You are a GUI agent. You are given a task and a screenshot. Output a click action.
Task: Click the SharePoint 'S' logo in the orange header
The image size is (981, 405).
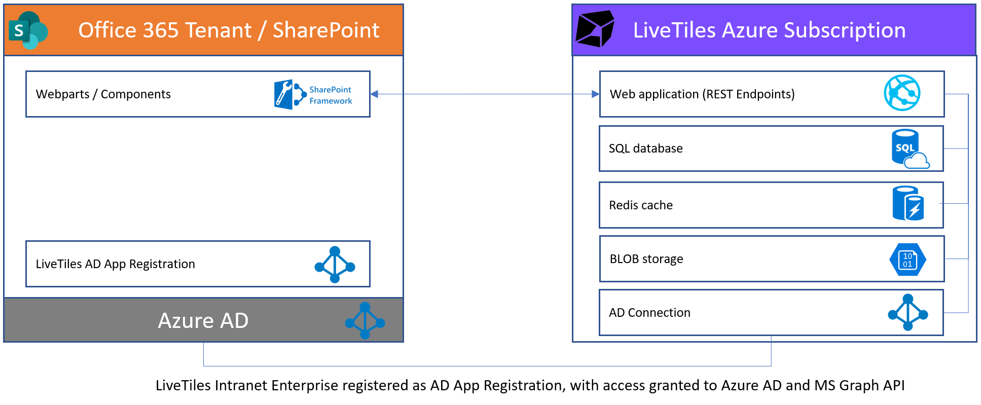click(28, 30)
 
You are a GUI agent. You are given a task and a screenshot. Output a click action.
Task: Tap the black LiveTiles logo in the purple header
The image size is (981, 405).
click(595, 29)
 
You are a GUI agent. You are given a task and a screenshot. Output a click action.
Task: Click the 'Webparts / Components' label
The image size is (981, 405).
click(103, 94)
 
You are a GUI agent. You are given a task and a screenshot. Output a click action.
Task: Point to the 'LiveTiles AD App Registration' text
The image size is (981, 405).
click(116, 264)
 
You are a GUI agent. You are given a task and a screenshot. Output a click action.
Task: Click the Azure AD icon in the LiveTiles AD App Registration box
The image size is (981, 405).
click(335, 265)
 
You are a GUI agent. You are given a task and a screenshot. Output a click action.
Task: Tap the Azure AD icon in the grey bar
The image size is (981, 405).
click(365, 320)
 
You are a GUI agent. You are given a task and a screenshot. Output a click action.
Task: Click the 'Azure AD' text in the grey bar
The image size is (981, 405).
click(203, 320)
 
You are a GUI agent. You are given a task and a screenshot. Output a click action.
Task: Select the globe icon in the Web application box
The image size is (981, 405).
click(902, 93)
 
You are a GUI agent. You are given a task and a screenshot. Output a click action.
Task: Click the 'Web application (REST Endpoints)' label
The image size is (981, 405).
click(702, 94)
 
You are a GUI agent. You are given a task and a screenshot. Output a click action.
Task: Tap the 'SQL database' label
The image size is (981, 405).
click(646, 149)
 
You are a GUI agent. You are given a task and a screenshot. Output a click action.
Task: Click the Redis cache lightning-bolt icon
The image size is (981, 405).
click(909, 203)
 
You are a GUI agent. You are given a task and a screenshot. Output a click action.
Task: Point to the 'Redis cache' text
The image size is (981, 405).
click(641, 205)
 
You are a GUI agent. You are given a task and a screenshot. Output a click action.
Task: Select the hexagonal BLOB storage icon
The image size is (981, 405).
click(907, 260)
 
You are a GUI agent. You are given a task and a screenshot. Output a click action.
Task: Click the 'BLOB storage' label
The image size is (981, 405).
click(646, 259)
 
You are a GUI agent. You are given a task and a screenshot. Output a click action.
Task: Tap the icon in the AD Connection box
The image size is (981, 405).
click(908, 312)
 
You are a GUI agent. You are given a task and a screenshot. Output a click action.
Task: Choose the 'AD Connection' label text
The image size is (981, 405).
click(649, 313)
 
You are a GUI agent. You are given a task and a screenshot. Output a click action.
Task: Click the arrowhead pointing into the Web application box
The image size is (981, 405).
click(596, 94)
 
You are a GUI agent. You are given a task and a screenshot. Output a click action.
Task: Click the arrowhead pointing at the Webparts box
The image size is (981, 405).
click(374, 94)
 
